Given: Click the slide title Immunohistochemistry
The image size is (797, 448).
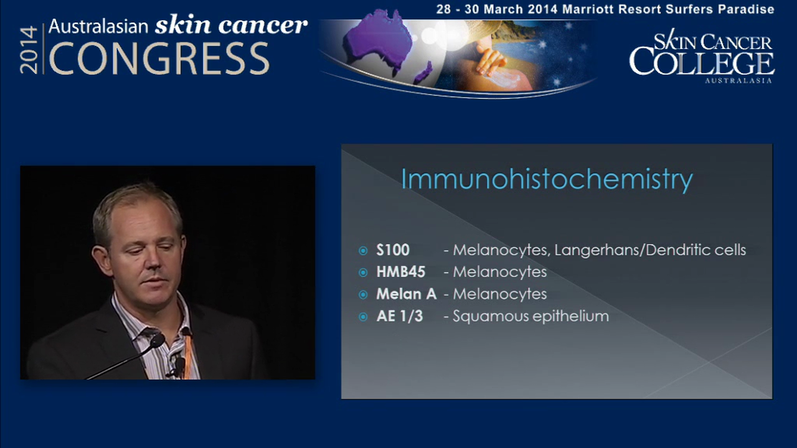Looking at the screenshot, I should pyautogui.click(x=546, y=180).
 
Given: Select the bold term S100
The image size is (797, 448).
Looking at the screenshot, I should pyautogui.click(x=393, y=250).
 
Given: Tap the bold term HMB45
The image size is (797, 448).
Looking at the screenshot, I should pyautogui.click(x=400, y=272).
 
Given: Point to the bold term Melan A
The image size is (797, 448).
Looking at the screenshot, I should pyautogui.click(x=406, y=294).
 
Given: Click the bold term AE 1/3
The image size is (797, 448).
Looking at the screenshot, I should pyautogui.click(x=399, y=316).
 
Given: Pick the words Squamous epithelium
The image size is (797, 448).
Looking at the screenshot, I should pyautogui.click(x=531, y=316).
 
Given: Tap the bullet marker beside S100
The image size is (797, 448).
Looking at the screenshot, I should pyautogui.click(x=364, y=251).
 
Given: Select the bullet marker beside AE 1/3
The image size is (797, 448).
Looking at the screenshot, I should pyautogui.click(x=364, y=317).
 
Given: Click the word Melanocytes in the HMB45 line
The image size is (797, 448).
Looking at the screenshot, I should pyautogui.click(x=499, y=272).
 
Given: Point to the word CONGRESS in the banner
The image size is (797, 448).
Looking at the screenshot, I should pyautogui.click(x=159, y=59).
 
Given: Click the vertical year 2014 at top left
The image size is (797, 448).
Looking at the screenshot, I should pyautogui.click(x=29, y=50).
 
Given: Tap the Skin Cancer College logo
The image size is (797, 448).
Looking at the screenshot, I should pyautogui.click(x=701, y=56).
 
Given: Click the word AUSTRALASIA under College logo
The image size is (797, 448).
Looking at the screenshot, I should pyautogui.click(x=738, y=80).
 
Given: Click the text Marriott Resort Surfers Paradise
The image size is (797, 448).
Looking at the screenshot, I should pyautogui.click(x=668, y=9).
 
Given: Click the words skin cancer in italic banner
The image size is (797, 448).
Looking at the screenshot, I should pyautogui.click(x=231, y=25).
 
